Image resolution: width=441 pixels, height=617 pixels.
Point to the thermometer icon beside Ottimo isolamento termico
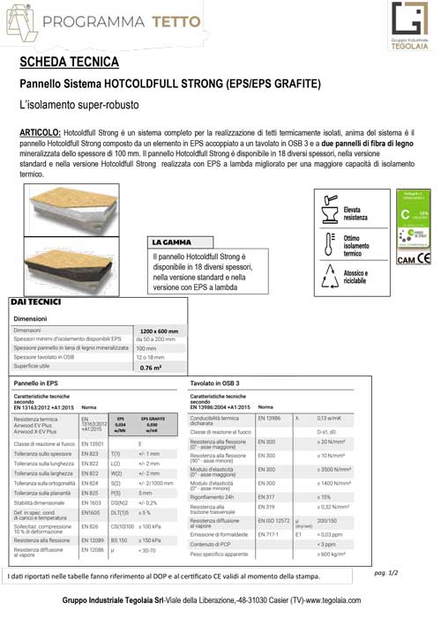point(327,243)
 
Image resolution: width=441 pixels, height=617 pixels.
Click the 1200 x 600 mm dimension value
point(159,331)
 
